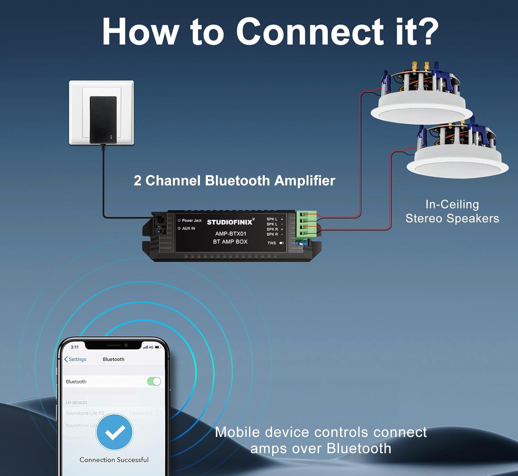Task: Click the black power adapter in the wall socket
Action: point(103,119)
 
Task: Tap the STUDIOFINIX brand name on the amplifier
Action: point(230,222)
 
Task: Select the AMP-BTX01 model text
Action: point(231,234)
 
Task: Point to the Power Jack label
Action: point(192,220)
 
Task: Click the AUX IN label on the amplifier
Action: point(189,228)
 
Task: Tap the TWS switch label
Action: point(271,243)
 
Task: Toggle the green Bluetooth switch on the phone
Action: point(154,381)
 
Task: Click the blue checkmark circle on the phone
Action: point(114,432)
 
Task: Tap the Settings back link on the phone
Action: point(75,359)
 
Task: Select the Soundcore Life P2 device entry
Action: point(85,413)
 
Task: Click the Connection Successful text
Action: point(114,460)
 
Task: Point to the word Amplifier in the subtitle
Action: point(305,181)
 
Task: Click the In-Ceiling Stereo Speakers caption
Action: point(452,211)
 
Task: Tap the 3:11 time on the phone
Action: point(75,347)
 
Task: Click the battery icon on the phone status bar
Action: point(158,347)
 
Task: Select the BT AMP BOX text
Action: point(230,242)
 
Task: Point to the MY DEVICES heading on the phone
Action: point(77,403)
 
